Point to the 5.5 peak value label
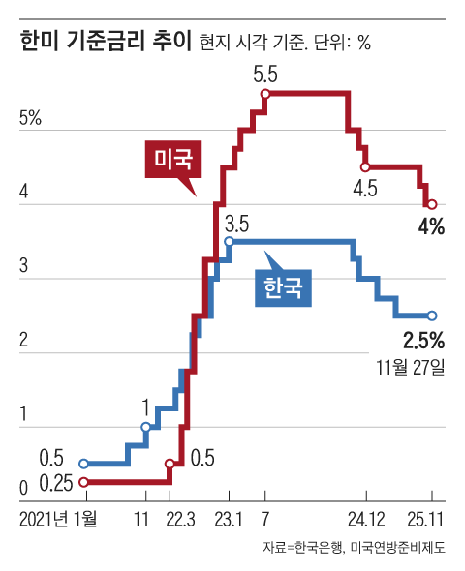pyautogui.click(x=265, y=74)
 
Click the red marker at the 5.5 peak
pyautogui.click(x=265, y=94)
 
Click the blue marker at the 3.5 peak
pyautogui.click(x=229, y=242)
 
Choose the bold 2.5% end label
pyautogui.click(x=422, y=340)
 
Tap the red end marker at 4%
pyautogui.click(x=432, y=204)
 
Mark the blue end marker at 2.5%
pyautogui.click(x=432, y=316)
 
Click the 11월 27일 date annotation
pyautogui.click(x=412, y=368)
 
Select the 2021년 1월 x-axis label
pyautogui.click(x=58, y=520)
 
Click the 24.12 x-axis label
pyautogui.click(x=366, y=520)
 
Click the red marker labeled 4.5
pyautogui.click(x=365, y=167)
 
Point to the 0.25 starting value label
pyautogui.click(x=58, y=482)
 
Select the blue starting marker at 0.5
pyautogui.click(x=84, y=464)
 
